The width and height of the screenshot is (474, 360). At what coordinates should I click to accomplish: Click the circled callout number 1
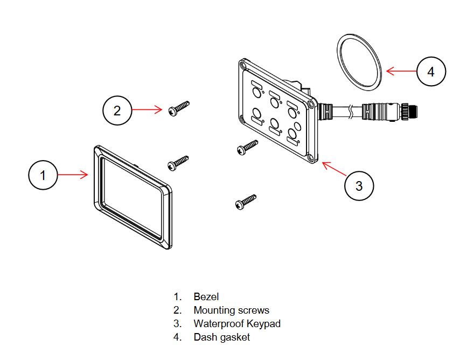pyautogui.click(x=43, y=175)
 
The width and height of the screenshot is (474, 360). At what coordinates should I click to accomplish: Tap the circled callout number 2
pyautogui.click(x=117, y=110)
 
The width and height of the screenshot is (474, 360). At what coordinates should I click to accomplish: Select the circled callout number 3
pyautogui.click(x=359, y=185)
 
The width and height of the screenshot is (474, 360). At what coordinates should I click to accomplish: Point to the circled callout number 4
pyautogui.click(x=431, y=71)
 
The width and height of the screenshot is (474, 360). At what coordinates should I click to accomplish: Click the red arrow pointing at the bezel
pyautogui.click(x=73, y=175)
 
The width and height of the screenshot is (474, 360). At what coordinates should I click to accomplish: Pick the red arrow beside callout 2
pyautogui.click(x=147, y=109)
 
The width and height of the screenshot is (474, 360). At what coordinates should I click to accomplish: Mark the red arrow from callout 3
pyautogui.click(x=334, y=169)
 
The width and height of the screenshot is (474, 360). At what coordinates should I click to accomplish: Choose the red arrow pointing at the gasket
pyautogui.click(x=401, y=71)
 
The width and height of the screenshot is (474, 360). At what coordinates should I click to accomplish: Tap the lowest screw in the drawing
pyautogui.click(x=246, y=202)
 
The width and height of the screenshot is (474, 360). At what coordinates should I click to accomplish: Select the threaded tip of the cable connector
pyautogui.click(x=413, y=109)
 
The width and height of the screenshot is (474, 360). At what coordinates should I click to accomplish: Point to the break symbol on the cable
pyautogui.click(x=350, y=112)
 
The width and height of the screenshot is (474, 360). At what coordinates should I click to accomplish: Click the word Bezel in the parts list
pyautogui.click(x=206, y=296)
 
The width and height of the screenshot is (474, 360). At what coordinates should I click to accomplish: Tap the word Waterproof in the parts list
pyautogui.click(x=219, y=324)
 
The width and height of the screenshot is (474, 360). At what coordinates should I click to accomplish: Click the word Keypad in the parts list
pyautogui.click(x=263, y=324)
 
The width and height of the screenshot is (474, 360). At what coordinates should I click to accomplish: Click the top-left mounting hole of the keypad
pyautogui.click(x=243, y=65)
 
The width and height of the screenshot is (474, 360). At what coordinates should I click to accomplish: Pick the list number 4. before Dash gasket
pyautogui.click(x=177, y=337)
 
